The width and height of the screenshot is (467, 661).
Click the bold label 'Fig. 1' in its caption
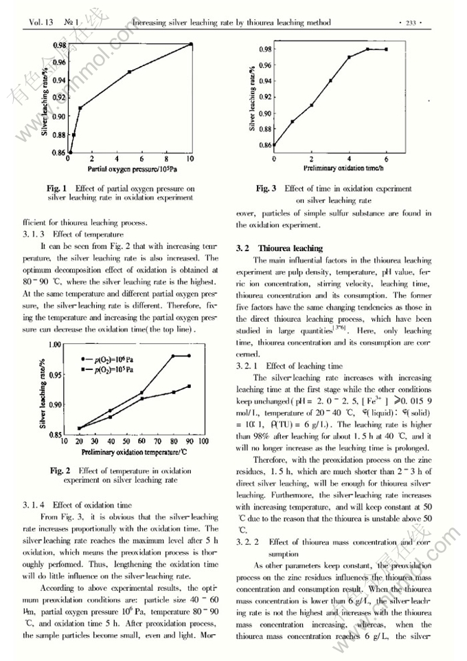click(x=56, y=188)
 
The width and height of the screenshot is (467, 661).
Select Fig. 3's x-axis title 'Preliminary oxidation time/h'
click(x=330, y=167)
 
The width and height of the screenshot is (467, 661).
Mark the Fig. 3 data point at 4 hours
click(x=349, y=57)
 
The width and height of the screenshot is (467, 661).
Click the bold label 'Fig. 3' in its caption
click(x=266, y=188)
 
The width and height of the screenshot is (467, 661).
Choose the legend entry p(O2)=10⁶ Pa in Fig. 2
click(x=113, y=359)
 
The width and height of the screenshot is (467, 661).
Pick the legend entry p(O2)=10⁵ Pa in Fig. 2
click(x=113, y=369)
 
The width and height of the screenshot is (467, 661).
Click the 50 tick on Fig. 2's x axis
click(x=126, y=442)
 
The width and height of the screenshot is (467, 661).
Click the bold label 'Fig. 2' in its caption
click(x=60, y=470)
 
